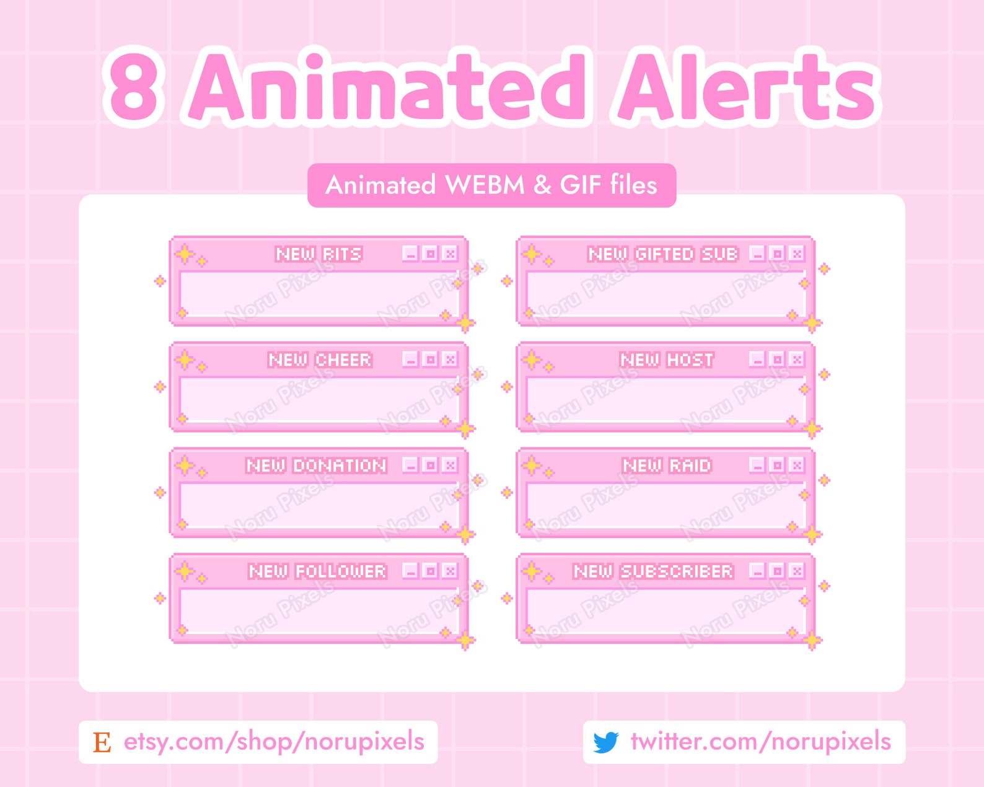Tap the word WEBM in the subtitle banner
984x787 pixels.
tap(485, 185)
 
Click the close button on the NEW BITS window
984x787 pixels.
tap(450, 253)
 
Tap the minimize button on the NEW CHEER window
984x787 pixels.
tap(411, 359)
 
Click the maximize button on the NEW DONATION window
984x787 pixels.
tap(430, 465)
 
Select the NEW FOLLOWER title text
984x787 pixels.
tap(317, 571)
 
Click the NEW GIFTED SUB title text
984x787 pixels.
tap(663, 254)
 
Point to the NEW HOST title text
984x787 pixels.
tap(667, 360)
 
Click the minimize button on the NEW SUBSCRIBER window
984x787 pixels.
tap(757, 571)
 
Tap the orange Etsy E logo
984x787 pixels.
tap(102, 742)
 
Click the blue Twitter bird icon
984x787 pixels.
tap(606, 742)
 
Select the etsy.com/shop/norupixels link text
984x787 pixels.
tap(274, 741)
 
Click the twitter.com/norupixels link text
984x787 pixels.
tap(761, 741)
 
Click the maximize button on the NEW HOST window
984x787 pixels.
tap(777, 359)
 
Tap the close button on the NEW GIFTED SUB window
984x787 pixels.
tap(796, 253)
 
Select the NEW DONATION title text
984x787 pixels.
tap(317, 465)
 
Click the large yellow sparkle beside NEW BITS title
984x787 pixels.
tap(185, 254)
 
